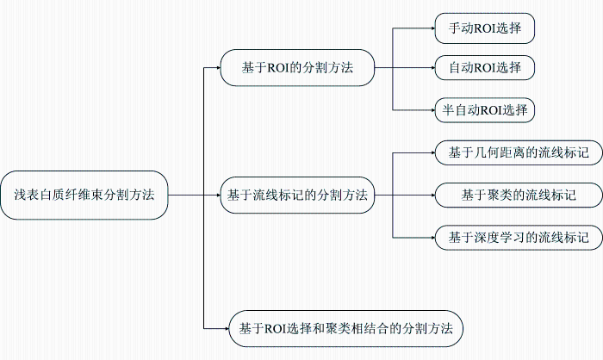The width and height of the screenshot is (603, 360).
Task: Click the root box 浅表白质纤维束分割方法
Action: coord(84,195)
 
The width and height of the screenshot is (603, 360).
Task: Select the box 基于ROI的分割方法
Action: coord(297,68)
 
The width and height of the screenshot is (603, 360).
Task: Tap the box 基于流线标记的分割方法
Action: coord(297,195)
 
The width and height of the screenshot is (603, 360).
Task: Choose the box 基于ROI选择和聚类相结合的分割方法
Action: coord(345,328)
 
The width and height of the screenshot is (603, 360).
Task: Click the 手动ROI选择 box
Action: coord(484,28)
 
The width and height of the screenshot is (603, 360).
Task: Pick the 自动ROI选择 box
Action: coord(484,68)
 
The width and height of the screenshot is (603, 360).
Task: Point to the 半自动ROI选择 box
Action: coord(484,110)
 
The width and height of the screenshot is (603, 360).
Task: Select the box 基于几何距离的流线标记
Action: coord(519,152)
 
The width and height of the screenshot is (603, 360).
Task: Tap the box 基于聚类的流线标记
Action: coord(519,195)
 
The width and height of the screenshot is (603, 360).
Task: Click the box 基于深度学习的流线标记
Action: coord(519,238)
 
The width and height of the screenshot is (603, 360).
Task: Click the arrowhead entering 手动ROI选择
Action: coord(432,28)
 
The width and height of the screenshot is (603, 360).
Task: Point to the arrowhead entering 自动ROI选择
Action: coord(432,68)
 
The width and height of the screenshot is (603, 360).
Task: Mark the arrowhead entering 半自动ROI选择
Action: coord(432,110)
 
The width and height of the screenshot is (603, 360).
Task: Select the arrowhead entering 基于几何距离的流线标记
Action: coord(432,152)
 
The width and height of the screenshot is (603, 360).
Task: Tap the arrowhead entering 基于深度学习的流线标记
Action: coord(432,238)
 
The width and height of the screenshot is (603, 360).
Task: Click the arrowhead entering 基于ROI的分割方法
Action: coord(218,68)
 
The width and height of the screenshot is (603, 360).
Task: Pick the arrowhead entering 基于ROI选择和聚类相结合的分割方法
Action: coord(227,328)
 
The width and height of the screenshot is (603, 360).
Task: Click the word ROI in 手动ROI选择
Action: coord(484,28)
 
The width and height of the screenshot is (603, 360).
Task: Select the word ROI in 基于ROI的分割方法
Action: coord(278,68)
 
